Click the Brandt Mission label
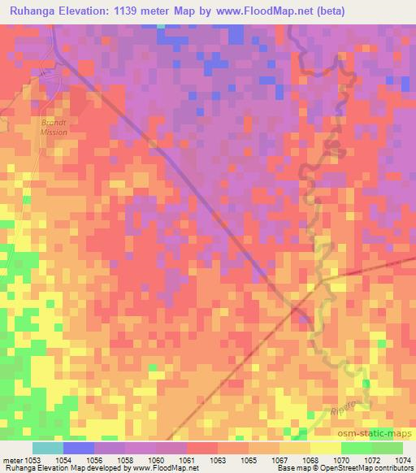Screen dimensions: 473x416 (54, 127)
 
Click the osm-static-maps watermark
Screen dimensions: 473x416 (379, 433)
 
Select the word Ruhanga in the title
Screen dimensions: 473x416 (34, 11)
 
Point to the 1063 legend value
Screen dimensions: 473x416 (218, 460)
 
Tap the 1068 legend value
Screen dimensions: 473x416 (310, 460)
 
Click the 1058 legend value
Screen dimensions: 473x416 (125, 460)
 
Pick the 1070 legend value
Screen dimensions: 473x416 (341, 460)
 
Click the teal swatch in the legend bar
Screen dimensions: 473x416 (48, 448)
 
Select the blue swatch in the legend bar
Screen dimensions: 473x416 (79, 448)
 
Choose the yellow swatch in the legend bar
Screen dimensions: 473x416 (326, 448)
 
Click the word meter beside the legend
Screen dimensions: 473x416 (11, 460)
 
